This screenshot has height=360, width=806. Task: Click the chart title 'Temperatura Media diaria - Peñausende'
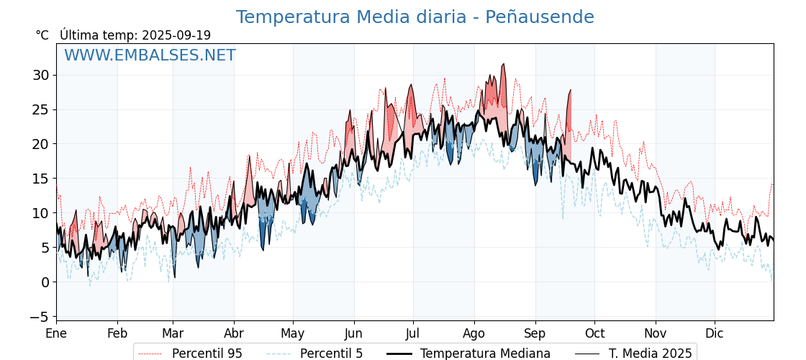[x=415, y=17]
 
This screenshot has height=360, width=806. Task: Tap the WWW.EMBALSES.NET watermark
[x=150, y=55]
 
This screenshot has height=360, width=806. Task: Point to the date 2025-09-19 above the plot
[x=176, y=35]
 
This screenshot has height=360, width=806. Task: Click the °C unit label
[x=42, y=35]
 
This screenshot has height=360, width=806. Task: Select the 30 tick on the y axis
[x=40, y=75]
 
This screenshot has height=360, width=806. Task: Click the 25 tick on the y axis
[x=40, y=109]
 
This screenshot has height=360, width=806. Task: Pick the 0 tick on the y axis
[x=45, y=282]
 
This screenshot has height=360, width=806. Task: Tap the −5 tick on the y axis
[x=39, y=317]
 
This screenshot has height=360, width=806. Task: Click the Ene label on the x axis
[x=56, y=333]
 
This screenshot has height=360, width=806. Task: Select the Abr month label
[x=234, y=333]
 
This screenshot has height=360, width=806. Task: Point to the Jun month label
[x=353, y=333]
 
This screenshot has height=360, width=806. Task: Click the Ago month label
[x=474, y=333]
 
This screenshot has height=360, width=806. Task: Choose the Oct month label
[x=594, y=333]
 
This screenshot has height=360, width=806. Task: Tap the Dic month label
[x=715, y=333]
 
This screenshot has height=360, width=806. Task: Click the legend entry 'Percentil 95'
[x=207, y=354]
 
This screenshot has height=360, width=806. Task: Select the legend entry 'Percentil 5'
[x=331, y=354]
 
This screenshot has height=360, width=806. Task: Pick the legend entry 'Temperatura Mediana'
[x=485, y=354]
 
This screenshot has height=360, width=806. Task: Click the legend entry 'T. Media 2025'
[x=650, y=354]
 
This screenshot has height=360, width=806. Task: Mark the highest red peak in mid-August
[x=504, y=64]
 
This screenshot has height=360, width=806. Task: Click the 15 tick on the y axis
[x=40, y=179]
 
